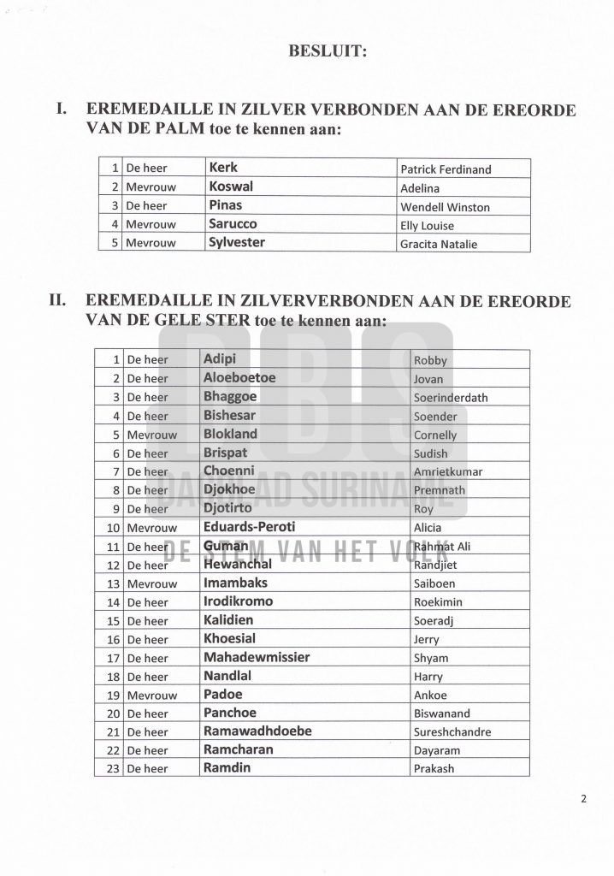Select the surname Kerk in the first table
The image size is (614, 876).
point(223,169)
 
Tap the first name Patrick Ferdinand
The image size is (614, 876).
point(446,169)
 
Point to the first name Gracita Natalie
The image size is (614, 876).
point(440,245)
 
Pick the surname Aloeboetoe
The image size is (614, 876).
point(239,378)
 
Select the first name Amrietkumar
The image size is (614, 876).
point(447,471)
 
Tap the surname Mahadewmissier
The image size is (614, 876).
point(257,658)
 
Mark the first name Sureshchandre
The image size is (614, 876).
point(452,732)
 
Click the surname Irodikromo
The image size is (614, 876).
point(239,601)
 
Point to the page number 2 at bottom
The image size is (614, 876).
point(583,801)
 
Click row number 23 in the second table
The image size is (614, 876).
point(110,768)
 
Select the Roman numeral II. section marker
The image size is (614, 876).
point(65,301)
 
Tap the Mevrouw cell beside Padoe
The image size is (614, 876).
point(151,695)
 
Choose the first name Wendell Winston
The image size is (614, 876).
point(446,207)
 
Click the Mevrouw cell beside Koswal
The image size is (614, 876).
point(151,187)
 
